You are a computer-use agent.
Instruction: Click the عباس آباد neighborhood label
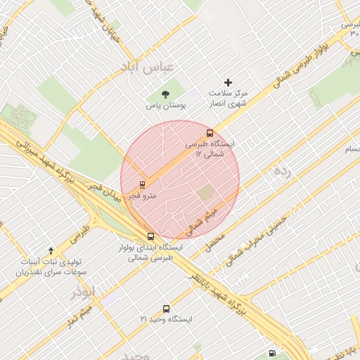point(149,68)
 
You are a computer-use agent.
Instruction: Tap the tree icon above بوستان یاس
point(165,94)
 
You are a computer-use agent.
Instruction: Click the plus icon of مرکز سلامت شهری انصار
point(227,82)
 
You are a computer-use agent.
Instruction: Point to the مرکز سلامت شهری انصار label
point(229,98)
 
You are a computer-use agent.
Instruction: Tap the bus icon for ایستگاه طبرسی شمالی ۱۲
point(209,132)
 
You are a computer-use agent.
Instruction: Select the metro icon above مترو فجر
point(143,185)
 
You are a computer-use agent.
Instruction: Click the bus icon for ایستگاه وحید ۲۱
point(167,309)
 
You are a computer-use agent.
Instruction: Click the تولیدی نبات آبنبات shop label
point(52,266)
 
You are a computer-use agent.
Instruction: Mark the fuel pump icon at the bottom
point(272,353)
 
